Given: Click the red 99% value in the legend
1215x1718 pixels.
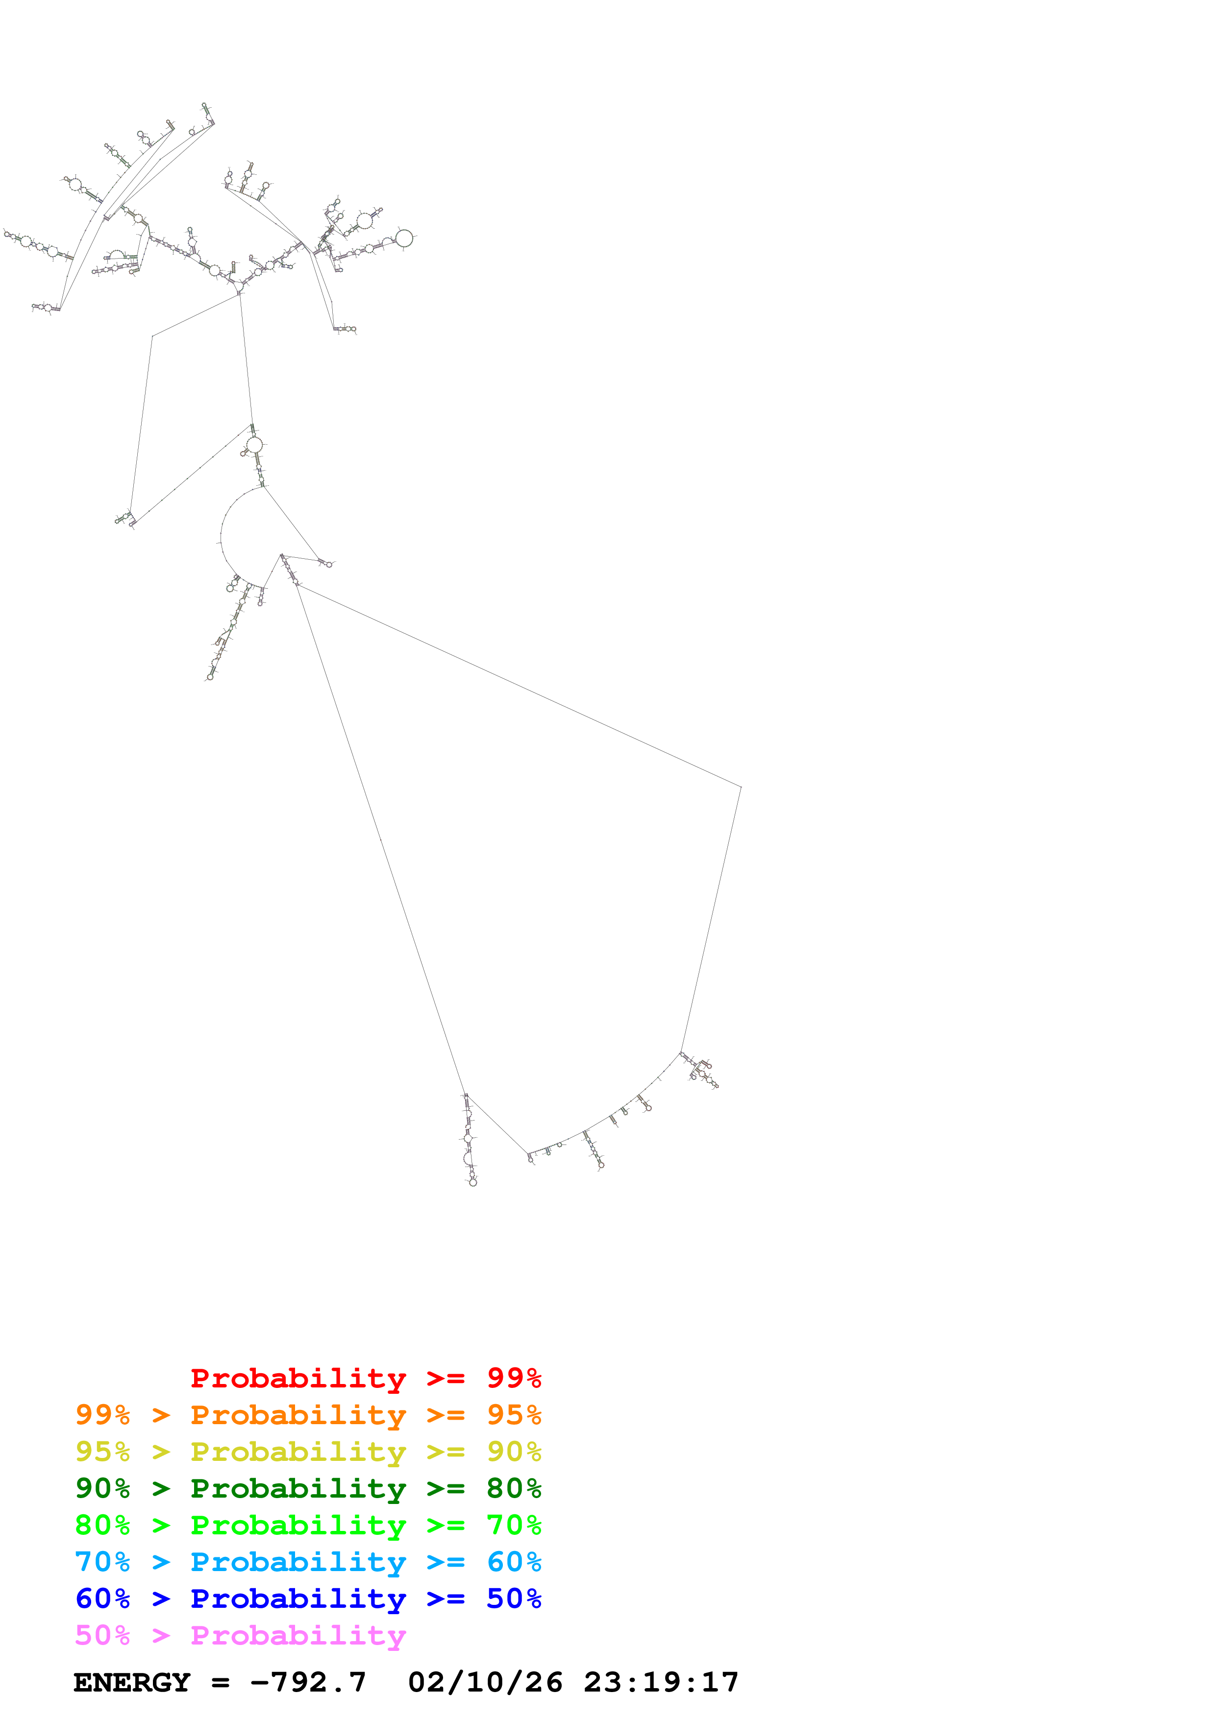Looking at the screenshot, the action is tap(514, 1378).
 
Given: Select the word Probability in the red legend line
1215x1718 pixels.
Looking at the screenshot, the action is tap(298, 1378).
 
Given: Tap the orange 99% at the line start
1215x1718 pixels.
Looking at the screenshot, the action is tap(102, 1414).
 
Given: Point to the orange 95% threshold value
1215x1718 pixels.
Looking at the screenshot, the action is tap(514, 1414).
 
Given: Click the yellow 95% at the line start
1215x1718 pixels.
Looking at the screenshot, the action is tap(102, 1451).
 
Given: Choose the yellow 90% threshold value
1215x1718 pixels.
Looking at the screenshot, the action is tap(514, 1451).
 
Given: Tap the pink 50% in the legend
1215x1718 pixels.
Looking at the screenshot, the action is tap(102, 1634).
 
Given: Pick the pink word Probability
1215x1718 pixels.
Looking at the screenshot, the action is tap(298, 1634).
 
